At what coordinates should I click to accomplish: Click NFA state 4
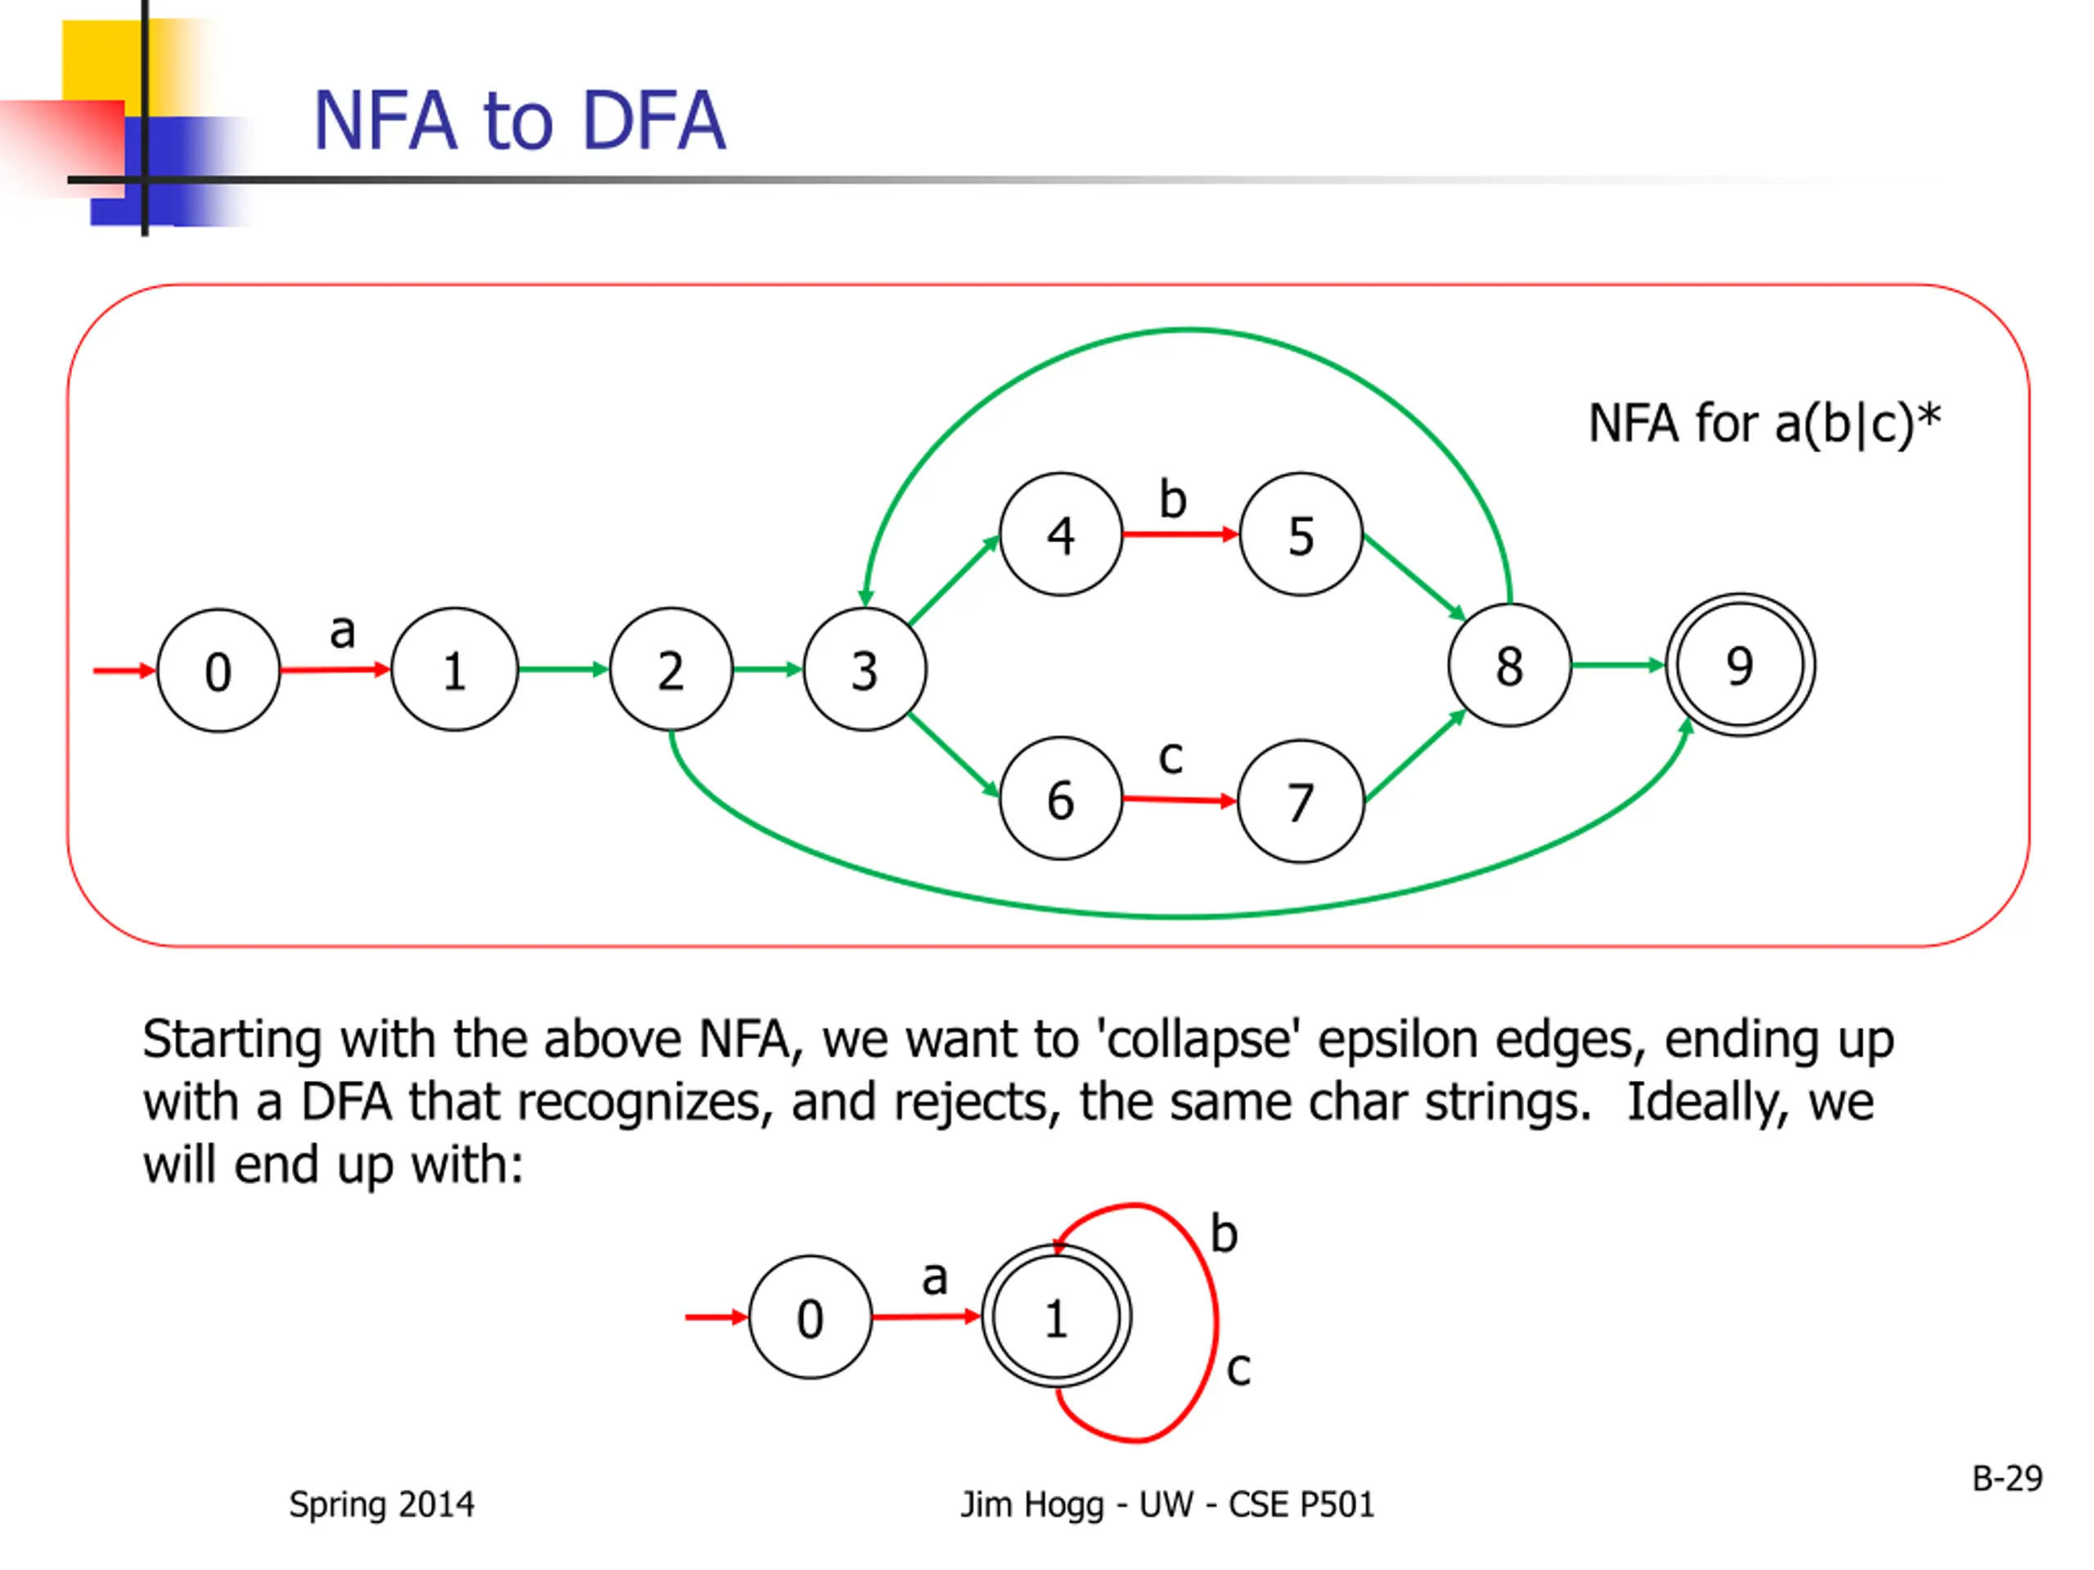(1060, 535)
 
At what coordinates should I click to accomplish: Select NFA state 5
(1301, 535)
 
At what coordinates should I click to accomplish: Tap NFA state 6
(1060, 799)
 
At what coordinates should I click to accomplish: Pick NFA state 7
(1301, 801)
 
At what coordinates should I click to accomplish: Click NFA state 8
(1509, 666)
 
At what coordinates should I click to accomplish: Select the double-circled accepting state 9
(1740, 666)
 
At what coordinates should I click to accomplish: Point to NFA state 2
(670, 670)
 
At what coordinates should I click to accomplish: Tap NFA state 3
(865, 670)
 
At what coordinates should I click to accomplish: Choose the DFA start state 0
(810, 1317)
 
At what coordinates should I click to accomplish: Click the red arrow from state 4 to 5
(1180, 535)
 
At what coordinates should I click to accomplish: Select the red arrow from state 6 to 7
(1179, 801)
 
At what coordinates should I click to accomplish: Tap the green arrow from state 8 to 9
(1617, 666)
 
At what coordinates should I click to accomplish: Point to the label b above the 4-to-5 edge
(1173, 499)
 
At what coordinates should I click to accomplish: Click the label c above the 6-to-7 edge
(1171, 757)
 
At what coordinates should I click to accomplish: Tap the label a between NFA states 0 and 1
(343, 631)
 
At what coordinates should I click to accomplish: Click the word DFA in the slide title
(654, 121)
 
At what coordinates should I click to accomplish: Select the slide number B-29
(2007, 1478)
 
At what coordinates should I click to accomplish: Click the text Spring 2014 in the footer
(381, 1505)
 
